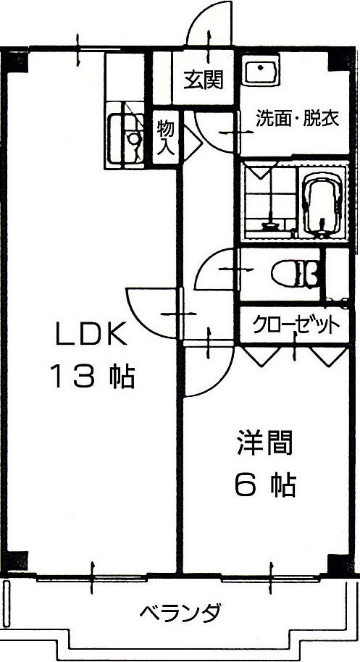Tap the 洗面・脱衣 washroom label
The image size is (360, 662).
tap(298, 119)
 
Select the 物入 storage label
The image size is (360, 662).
tap(165, 137)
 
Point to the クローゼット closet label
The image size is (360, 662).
tap(296, 324)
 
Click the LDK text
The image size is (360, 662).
tap(92, 334)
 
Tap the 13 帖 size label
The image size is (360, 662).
tap(93, 377)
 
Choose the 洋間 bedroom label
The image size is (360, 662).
tap(265, 442)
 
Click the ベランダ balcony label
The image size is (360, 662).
tap(180, 612)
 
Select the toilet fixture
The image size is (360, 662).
tap(295, 274)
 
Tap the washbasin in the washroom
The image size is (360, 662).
tap(261, 70)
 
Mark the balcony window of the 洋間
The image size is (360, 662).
tap(270, 577)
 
